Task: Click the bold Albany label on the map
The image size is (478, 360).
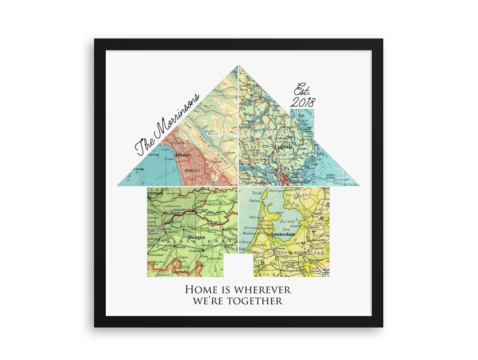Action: pyautogui.click(x=182, y=155)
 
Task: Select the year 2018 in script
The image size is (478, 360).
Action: pyautogui.click(x=303, y=102)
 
